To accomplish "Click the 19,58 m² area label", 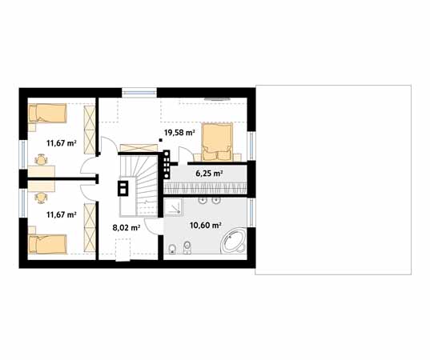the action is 179,133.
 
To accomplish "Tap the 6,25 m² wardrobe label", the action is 209,173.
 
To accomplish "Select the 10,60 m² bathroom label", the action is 206,226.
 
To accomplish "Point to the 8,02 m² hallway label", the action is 127,227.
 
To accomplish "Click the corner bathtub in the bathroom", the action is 233,241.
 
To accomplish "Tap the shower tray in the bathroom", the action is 173,207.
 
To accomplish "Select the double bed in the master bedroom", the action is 217,142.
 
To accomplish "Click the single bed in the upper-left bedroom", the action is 47,113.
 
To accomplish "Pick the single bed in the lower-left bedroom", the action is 48,244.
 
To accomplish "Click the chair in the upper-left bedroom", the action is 41,159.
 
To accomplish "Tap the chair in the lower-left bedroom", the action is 41,198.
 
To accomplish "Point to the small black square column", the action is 160,141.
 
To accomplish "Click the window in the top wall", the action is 139,92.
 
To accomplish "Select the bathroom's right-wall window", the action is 251,213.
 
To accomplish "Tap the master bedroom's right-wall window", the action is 251,146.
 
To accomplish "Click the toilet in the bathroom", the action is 172,249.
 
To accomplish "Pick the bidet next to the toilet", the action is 187,248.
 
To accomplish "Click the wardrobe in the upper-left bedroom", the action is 90,130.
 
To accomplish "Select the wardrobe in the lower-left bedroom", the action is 90,227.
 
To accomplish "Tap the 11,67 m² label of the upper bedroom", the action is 62,143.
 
